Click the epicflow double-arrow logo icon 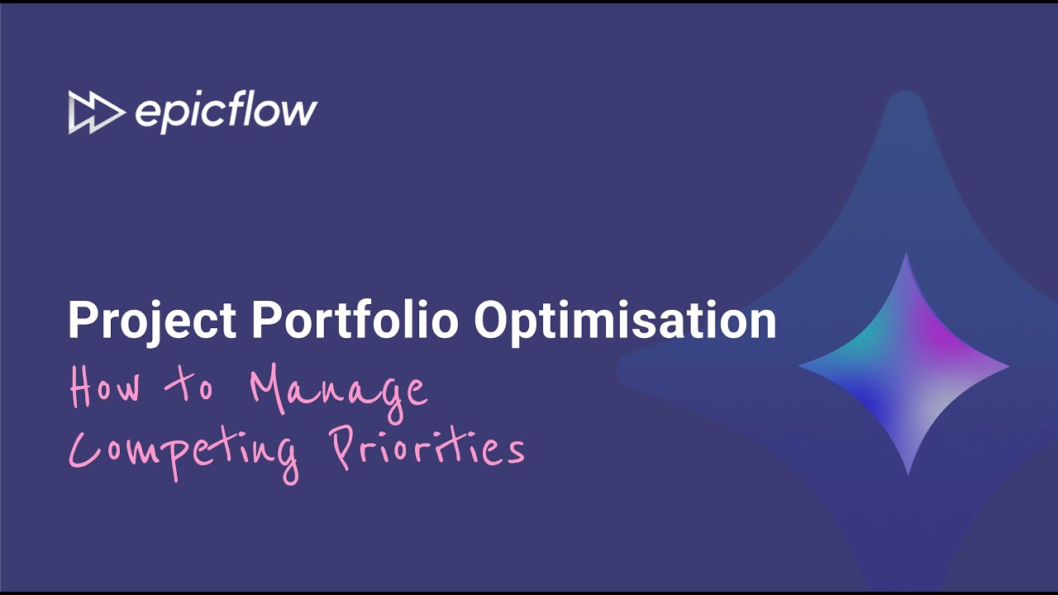(96, 112)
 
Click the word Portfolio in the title (355, 320)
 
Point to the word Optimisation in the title (625, 320)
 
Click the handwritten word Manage (339, 388)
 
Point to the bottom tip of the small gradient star (908, 472)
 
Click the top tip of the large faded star (907, 96)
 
